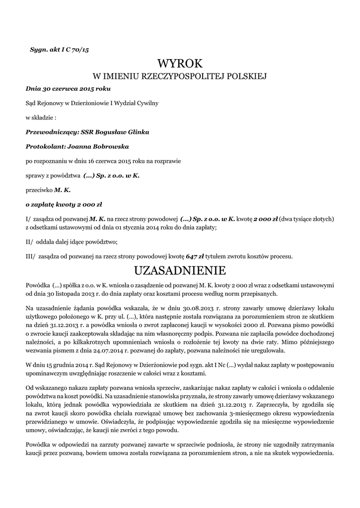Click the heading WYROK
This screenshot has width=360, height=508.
pos(180,64)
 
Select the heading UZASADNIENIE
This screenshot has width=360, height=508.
pos(180,270)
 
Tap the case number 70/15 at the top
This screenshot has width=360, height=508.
pos(79,50)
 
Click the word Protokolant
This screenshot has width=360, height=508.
pos(42,147)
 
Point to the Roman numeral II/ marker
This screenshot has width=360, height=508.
pos(29,242)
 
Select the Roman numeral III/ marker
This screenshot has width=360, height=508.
pos(30,256)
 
